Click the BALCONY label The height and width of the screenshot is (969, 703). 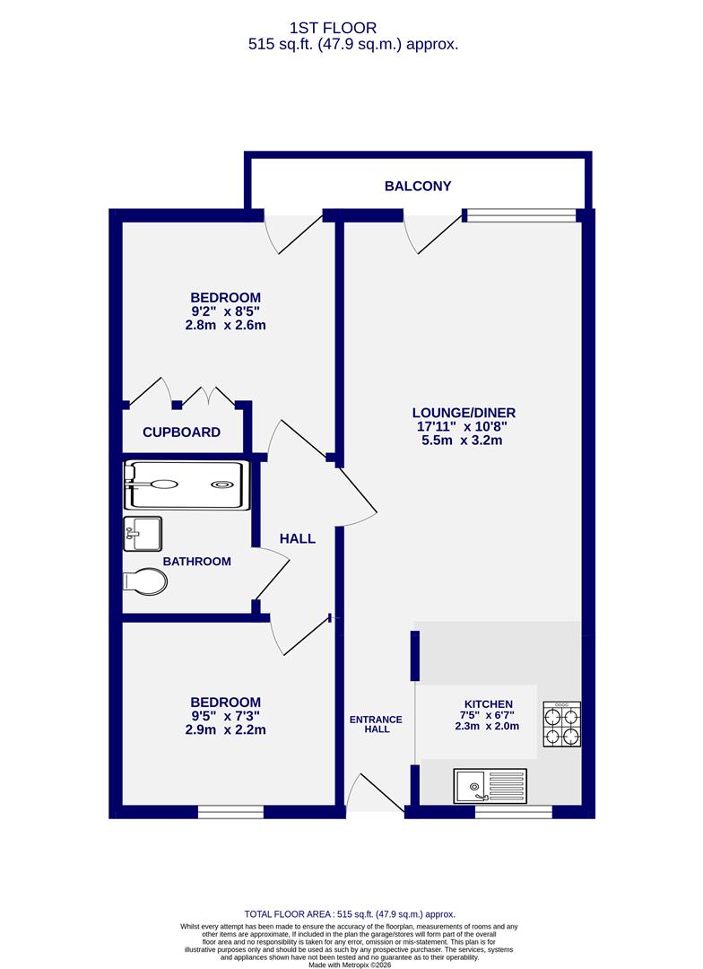pos(418,187)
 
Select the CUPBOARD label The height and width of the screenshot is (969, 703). pos(181,432)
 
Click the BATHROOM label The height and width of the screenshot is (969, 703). pos(196,562)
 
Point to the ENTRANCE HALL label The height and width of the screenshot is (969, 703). pos(376,724)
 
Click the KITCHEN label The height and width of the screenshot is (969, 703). pos(488,704)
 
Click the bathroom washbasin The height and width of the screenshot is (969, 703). pos(143,533)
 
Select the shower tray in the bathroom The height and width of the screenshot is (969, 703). pos(187,484)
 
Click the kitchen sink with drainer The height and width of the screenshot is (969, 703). pos(490,786)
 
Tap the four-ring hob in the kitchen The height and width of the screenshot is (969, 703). pos(561,724)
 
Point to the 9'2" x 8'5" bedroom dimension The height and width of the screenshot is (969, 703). pos(225,311)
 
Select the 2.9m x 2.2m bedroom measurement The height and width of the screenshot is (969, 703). pos(225,730)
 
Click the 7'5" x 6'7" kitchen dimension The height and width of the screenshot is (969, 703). pos(488,716)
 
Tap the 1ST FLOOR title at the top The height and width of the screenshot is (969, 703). pos(351,29)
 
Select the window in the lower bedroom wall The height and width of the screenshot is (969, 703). pos(230,812)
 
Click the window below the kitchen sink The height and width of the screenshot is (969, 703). pos(513,812)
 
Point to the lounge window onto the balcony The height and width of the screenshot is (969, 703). pos(522,215)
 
